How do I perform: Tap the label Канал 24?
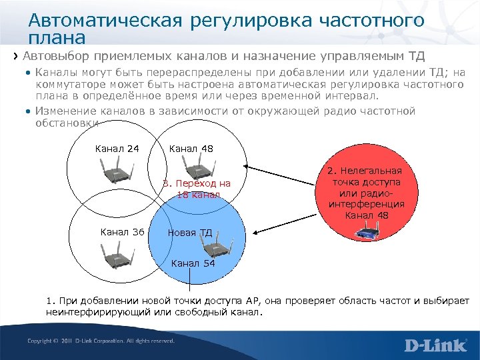(117, 149)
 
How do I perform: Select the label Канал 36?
(122, 232)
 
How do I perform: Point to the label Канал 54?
(193, 263)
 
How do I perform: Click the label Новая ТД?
(190, 233)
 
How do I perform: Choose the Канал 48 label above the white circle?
(191, 149)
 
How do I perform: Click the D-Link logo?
(437, 345)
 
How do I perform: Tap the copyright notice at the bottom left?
(100, 341)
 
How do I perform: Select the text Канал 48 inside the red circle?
(366, 215)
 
